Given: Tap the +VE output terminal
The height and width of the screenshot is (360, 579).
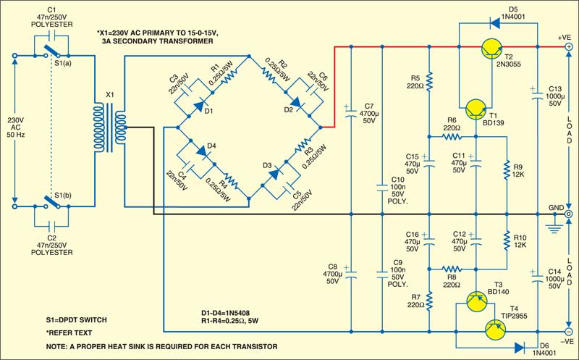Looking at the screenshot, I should tap(568, 48).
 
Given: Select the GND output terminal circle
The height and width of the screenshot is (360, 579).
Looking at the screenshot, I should tap(568, 215).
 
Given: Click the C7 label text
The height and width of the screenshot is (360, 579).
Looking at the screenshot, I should tap(369, 106).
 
